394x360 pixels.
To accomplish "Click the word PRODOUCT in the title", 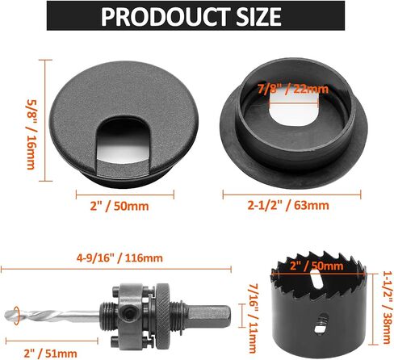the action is (x=166, y=16).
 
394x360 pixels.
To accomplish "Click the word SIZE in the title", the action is (x=258, y=16).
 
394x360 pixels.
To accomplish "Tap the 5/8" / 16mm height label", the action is (x=31, y=135).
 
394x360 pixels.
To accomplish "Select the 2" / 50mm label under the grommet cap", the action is (x=119, y=207).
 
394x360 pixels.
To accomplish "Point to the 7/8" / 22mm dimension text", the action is (x=293, y=89).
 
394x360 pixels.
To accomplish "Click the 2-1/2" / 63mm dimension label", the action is (x=288, y=206).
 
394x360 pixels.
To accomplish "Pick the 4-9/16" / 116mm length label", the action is (x=119, y=258).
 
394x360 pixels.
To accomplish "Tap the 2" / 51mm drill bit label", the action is (x=50, y=353).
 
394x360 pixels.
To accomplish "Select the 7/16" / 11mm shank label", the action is (x=254, y=318).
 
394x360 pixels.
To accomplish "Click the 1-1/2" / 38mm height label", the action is (x=387, y=307).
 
